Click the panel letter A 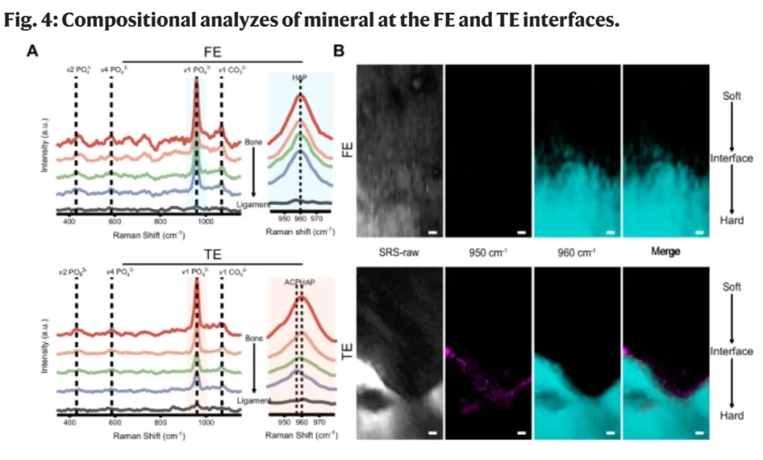(32, 51)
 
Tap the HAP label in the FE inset (300, 77)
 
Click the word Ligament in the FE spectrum (252, 205)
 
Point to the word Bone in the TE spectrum (253, 338)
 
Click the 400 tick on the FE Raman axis (70, 223)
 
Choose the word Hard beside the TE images (732, 415)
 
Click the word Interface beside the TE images (732, 351)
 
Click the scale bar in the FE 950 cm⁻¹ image (522, 232)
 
